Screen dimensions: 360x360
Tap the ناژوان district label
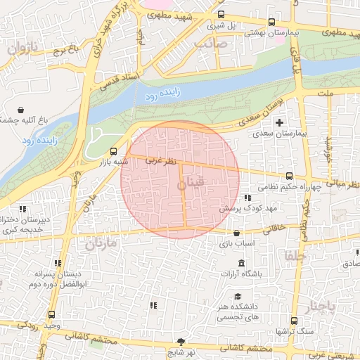click(21, 49)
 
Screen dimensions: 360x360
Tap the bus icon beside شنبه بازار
click(114, 150)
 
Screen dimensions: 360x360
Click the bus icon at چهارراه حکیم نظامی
click(289, 176)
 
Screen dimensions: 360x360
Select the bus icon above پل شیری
click(221, 14)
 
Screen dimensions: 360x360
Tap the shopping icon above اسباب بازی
click(236, 233)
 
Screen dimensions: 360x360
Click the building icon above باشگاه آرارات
click(242, 263)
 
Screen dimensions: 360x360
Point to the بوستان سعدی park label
click(262, 113)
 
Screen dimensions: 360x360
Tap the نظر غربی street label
click(160, 160)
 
